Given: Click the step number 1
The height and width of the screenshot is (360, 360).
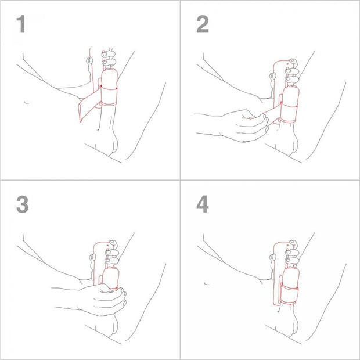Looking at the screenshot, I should [21, 25].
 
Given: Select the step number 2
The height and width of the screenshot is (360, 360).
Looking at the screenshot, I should [202, 25].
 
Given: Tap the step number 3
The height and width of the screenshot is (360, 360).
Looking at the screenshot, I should [21, 205].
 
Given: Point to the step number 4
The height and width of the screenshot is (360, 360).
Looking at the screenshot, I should [202, 205].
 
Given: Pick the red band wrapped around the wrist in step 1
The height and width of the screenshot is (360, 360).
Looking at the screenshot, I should [109, 95].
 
